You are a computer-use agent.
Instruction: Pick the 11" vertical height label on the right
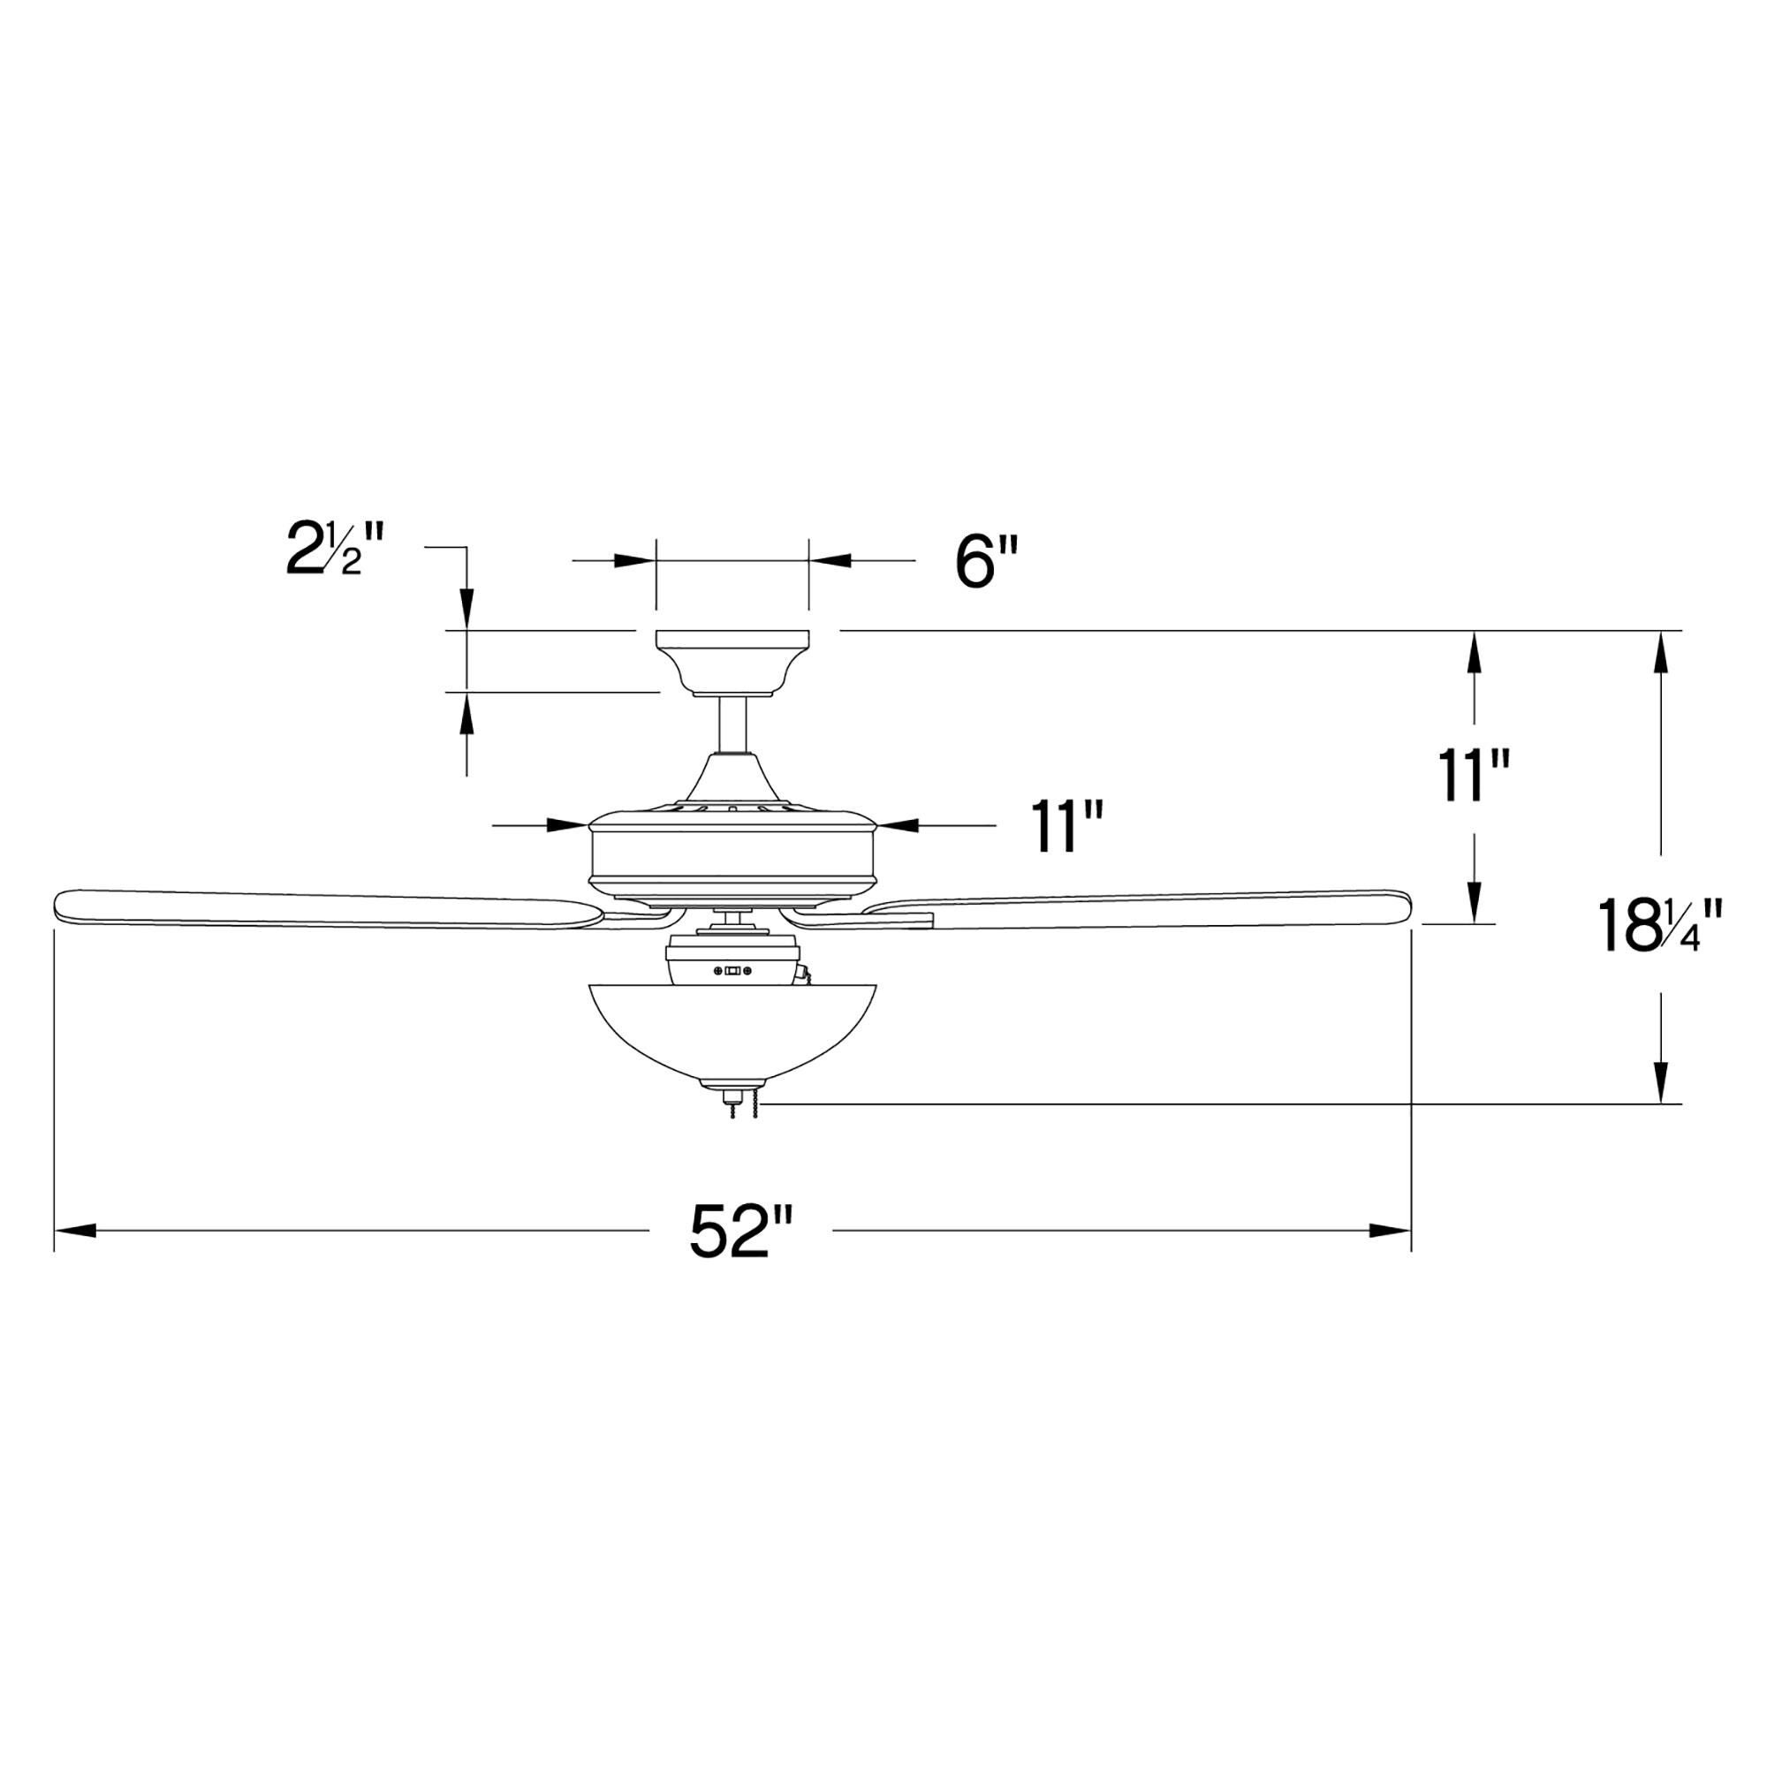click(x=1472, y=776)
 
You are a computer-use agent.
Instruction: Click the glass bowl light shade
click(x=733, y=1029)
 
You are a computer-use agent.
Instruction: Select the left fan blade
click(x=320, y=908)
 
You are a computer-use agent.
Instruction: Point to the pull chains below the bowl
click(x=746, y=1113)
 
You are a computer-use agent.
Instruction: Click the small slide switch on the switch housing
click(x=732, y=971)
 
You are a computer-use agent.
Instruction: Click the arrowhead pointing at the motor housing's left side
click(x=570, y=825)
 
